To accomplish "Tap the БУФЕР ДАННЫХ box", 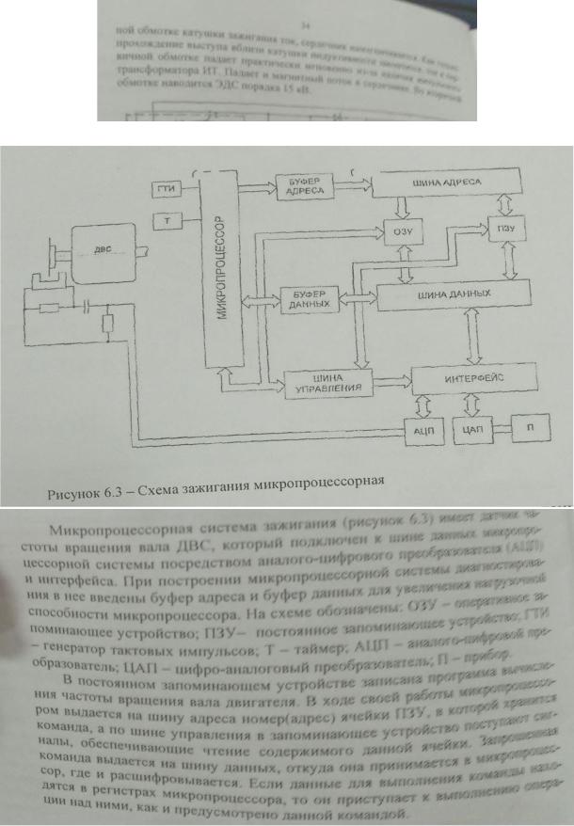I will tap(305, 299).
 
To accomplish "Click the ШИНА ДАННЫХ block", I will tap(447, 294).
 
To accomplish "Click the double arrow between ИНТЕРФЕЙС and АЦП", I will tap(422, 405).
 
